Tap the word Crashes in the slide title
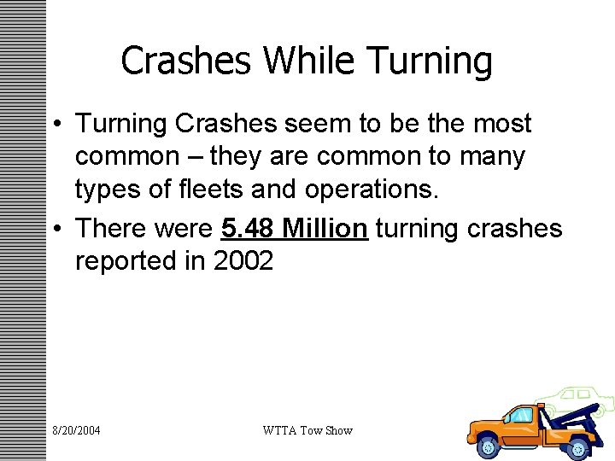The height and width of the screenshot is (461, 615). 187,61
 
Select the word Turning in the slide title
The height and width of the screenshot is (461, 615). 431,61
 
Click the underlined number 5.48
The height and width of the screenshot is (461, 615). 248,228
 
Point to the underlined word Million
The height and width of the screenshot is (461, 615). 325,228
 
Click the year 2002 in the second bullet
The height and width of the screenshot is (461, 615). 243,261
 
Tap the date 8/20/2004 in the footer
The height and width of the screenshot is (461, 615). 76,430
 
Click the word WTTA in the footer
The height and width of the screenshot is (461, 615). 281,430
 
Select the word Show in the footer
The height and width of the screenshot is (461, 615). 338,430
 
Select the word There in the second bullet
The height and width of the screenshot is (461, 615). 115,228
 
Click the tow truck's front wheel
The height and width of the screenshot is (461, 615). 490,444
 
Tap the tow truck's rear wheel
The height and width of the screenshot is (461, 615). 580,445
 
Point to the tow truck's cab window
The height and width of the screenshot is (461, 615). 520,416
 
